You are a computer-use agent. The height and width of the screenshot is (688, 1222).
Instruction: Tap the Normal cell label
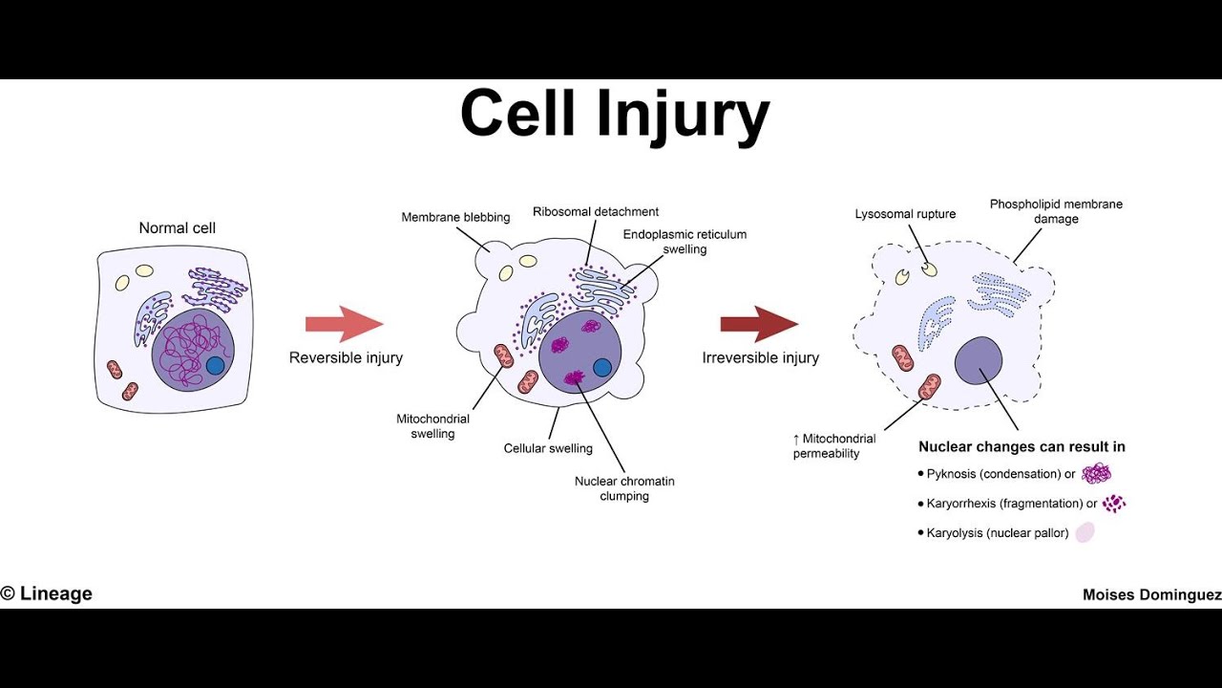178,227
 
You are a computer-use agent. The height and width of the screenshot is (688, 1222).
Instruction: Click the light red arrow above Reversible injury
344,324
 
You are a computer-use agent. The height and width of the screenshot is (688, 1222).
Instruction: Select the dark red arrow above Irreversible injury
759,324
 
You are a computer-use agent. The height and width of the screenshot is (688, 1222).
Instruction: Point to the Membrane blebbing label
455,217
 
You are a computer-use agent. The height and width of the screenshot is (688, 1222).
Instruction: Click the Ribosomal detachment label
596,211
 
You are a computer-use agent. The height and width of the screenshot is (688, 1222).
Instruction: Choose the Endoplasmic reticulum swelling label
685,241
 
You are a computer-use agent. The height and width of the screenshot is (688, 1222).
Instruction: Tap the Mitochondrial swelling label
432,426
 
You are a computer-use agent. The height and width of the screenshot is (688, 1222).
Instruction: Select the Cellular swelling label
548,448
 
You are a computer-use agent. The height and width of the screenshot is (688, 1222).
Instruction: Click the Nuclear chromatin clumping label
624,488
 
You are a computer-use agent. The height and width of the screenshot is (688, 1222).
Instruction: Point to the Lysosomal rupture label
905,214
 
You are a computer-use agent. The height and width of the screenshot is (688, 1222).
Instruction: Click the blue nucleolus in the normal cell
215,365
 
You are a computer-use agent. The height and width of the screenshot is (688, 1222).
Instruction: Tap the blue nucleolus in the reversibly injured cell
601,367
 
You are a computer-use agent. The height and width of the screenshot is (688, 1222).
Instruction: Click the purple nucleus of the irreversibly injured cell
979,360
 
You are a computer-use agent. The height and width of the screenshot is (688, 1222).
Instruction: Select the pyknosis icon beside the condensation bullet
1096,474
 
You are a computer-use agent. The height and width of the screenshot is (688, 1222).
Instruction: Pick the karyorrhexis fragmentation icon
1113,504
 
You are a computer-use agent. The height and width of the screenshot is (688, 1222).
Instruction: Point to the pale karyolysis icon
1085,533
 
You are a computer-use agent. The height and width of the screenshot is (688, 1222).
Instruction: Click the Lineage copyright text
47,593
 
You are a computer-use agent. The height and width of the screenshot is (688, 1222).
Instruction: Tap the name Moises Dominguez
1151,594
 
